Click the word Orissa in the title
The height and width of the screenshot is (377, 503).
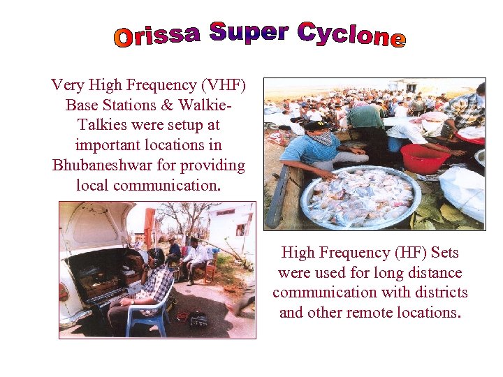coord(157,36)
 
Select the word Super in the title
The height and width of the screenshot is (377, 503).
coord(249,32)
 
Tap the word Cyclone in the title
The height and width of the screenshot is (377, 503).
coord(351,35)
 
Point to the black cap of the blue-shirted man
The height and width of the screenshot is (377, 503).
coord(316,126)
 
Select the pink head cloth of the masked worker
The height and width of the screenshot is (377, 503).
coord(434,117)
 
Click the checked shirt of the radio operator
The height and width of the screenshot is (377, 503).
coord(158,283)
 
